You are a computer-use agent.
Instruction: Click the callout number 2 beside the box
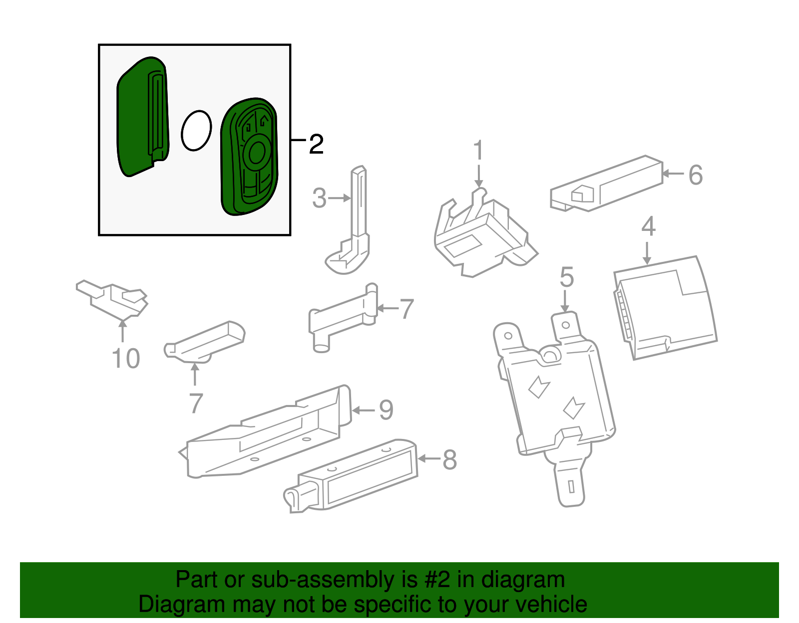(316, 145)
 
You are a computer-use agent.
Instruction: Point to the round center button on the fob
(257, 153)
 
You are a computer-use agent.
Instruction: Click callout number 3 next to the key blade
(319, 199)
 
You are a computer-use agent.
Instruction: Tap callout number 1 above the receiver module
(478, 150)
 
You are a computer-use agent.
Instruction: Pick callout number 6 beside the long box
(696, 175)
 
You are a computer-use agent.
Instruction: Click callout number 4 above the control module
(648, 227)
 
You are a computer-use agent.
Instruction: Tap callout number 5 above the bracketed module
(567, 277)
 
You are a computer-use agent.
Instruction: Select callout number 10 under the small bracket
(126, 359)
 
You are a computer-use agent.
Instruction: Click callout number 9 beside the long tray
(386, 410)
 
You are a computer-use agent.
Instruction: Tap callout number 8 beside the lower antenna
(449, 460)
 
